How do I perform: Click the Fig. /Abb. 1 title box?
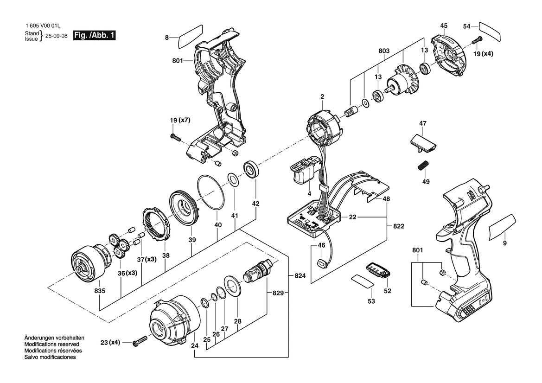[94, 35]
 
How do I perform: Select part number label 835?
[100, 291]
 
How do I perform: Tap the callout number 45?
[444, 26]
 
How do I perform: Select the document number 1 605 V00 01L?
[43, 26]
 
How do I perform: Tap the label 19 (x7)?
[180, 120]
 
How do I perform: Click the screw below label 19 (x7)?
[176, 138]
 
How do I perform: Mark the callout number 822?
[399, 226]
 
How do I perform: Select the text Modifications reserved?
[51, 345]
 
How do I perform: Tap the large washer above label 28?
[233, 285]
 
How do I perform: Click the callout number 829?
[278, 293]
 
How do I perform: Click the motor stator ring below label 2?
[324, 125]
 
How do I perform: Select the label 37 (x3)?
[147, 259]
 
